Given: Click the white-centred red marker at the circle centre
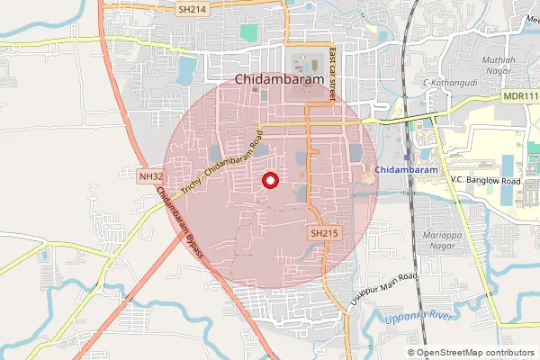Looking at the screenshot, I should click(269, 182).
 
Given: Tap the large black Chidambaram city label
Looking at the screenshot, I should click(279, 79).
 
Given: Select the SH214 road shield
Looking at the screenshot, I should click(192, 8).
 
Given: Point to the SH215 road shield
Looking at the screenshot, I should click(325, 233).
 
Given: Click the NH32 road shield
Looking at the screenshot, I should click(152, 177).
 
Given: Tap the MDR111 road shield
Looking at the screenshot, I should click(519, 95).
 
